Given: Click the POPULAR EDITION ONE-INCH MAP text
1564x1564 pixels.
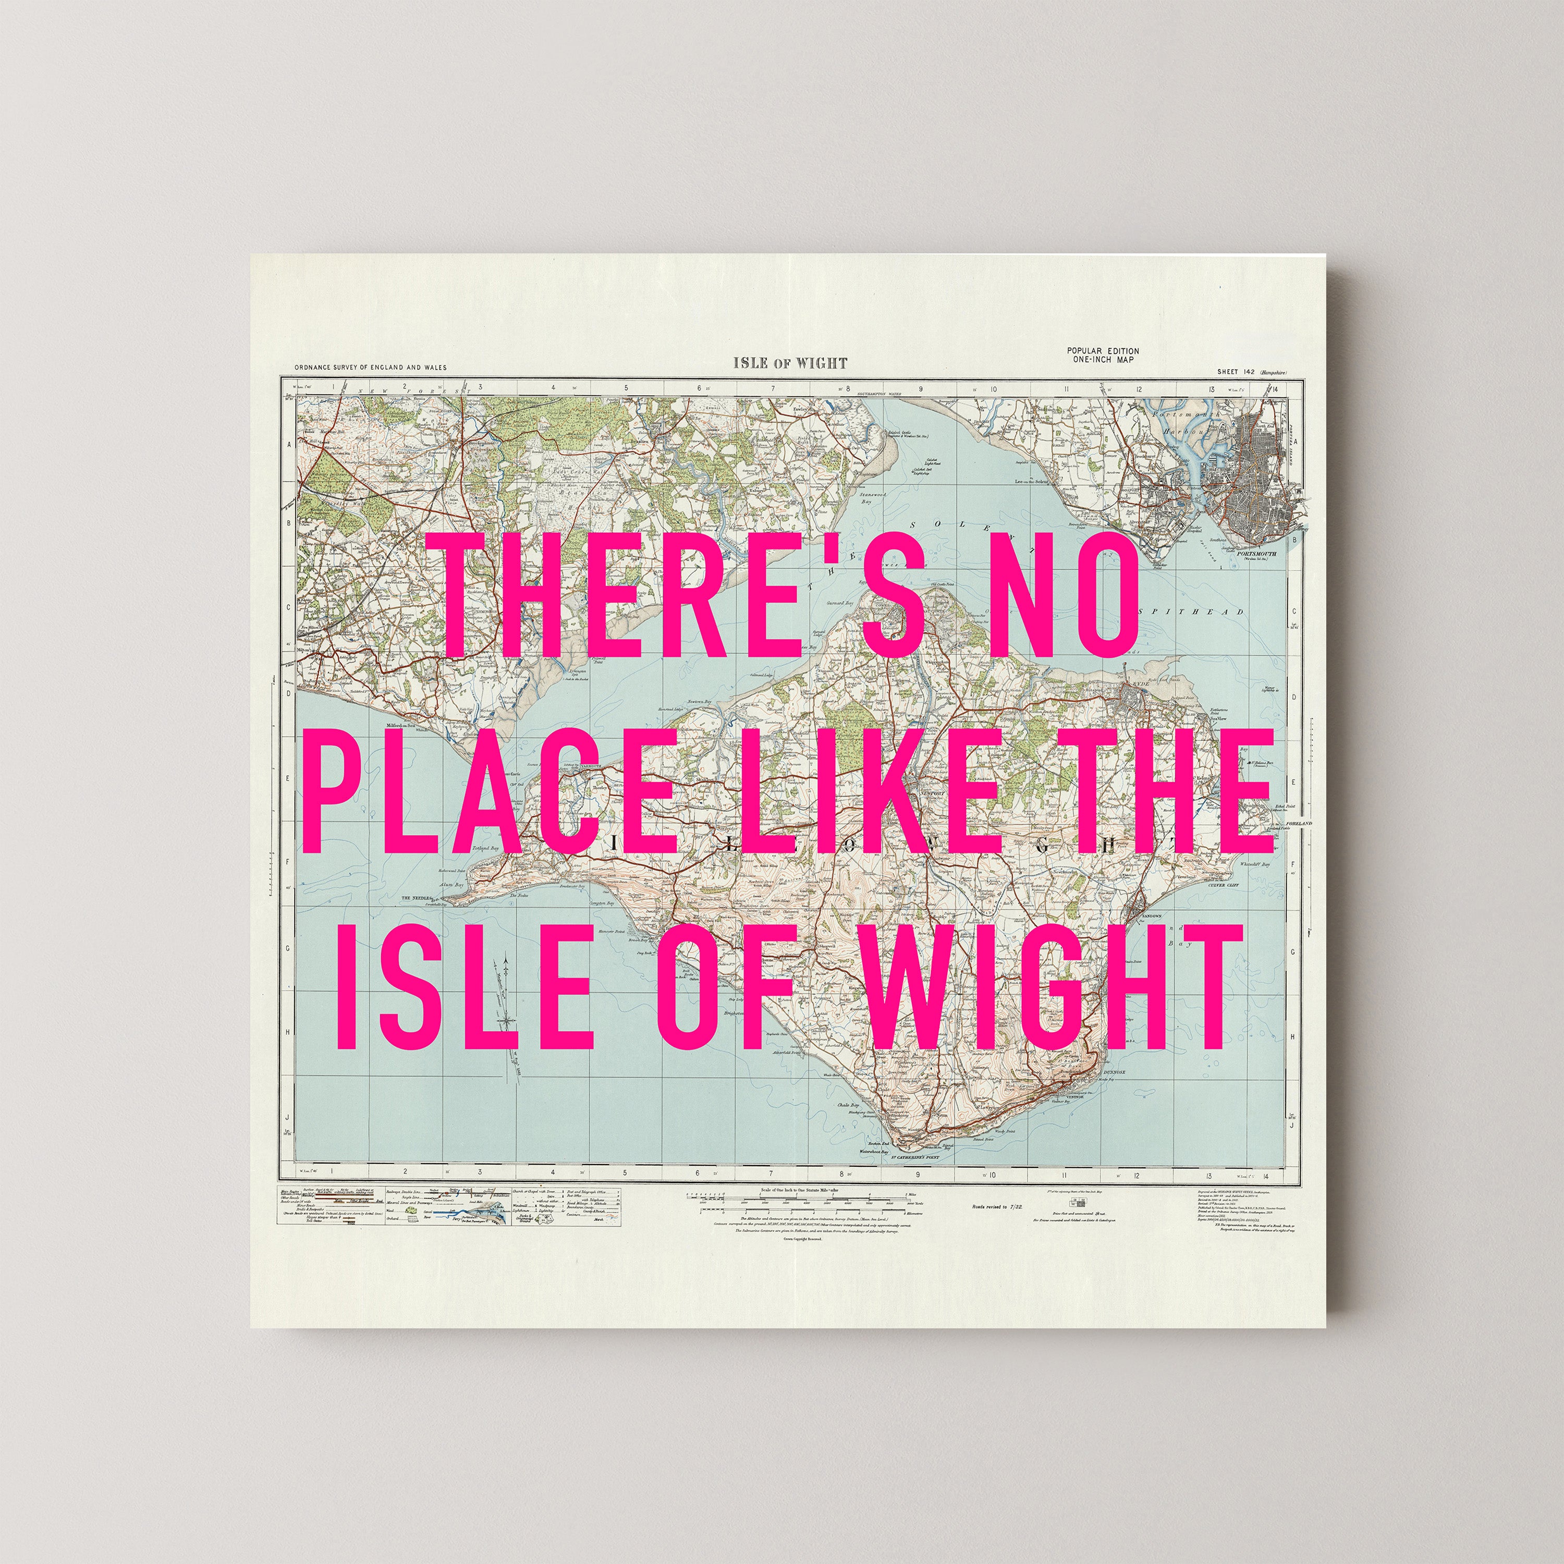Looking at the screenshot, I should point(1103,355).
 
